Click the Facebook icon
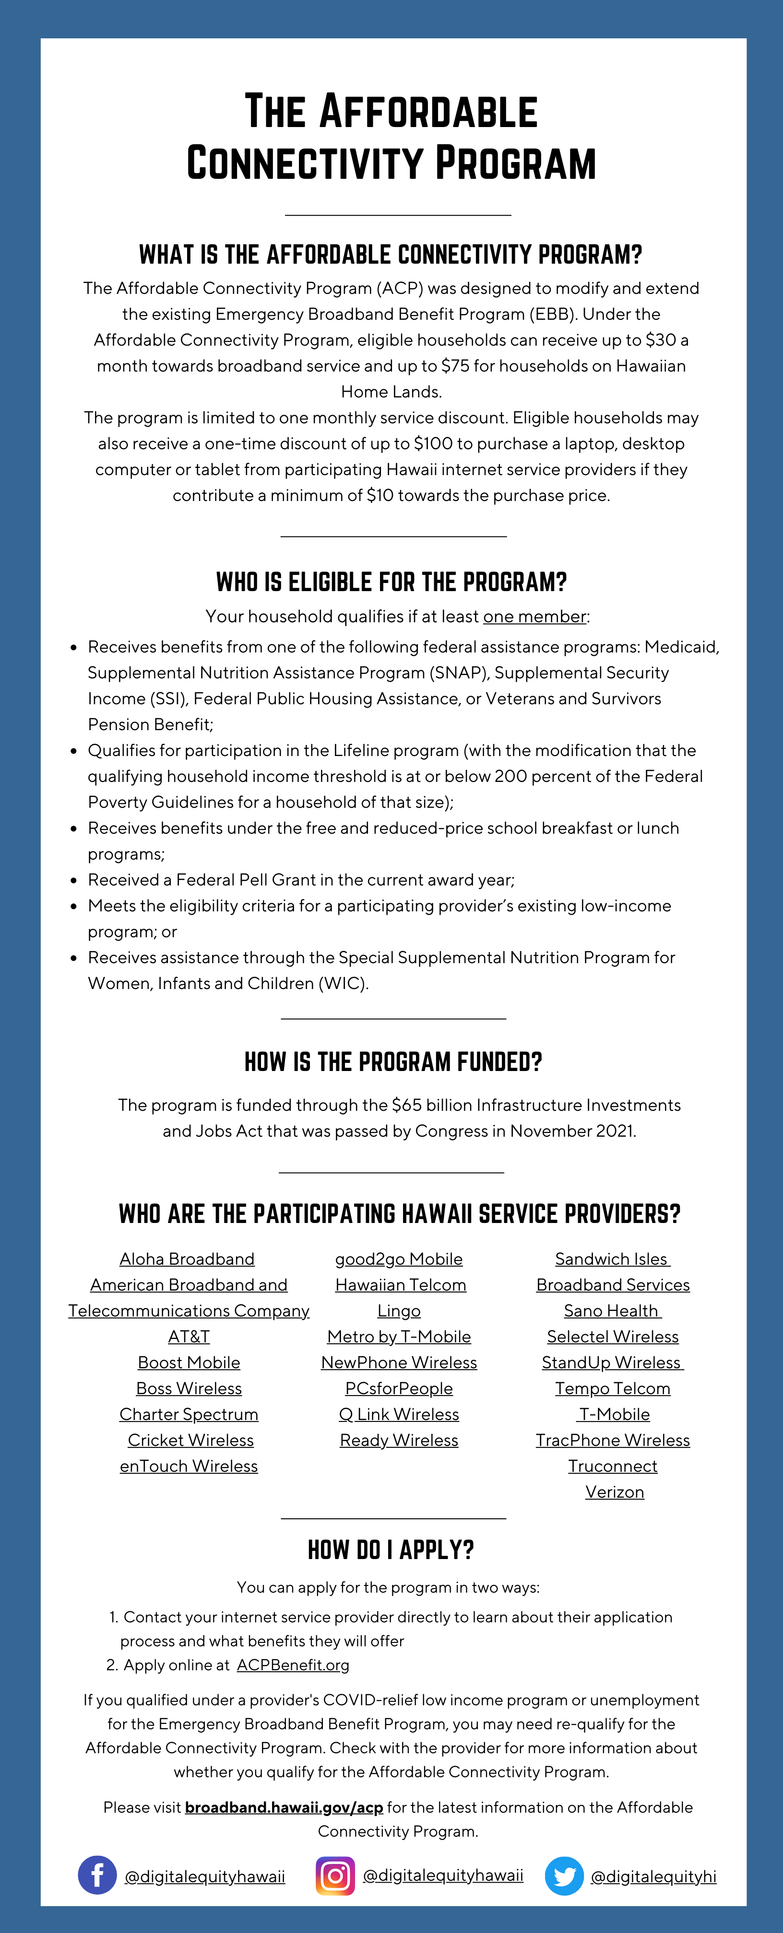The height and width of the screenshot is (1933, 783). point(97,1875)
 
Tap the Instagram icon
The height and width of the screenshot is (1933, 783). point(335,1875)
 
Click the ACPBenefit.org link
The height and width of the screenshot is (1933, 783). point(293,1665)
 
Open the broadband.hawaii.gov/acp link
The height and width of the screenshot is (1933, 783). point(284,1807)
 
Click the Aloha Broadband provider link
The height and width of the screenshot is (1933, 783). point(187,1258)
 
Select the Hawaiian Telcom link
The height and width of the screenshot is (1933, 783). point(400,1285)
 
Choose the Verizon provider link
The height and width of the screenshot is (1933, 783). point(614,1492)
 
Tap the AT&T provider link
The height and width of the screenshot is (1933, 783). point(189,1337)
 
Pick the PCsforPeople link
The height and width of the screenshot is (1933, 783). point(399,1388)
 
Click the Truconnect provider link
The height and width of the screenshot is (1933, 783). point(613,1466)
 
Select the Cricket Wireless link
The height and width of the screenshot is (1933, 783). point(190,1440)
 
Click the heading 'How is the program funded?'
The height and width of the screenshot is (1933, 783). point(392,1062)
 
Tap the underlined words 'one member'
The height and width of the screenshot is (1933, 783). point(534,616)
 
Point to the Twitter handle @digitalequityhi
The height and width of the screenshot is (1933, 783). point(653,1876)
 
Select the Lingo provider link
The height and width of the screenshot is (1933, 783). point(399,1310)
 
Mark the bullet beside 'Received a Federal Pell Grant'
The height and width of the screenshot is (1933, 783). point(73,880)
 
